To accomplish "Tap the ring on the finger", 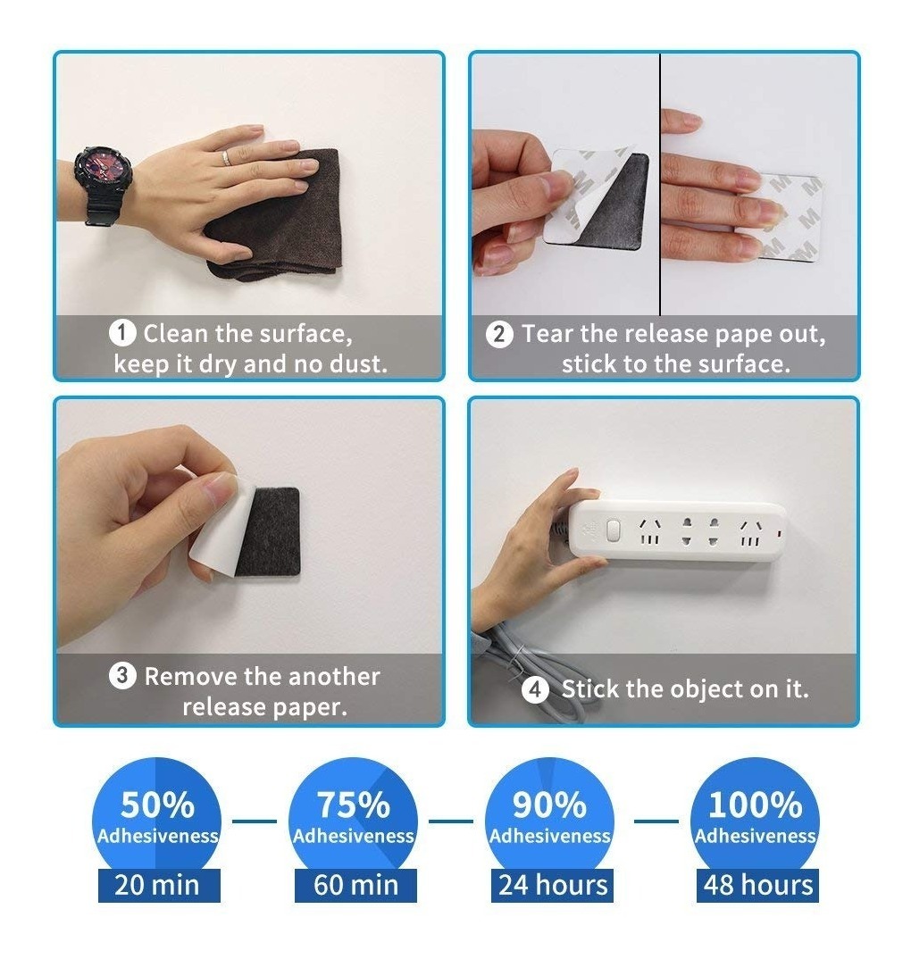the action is (x=226, y=158).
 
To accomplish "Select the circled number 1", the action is (x=122, y=333).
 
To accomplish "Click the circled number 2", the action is (x=499, y=335).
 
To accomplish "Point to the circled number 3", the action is (x=122, y=676).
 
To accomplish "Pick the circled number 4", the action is (x=535, y=690).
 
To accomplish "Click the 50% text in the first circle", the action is (x=157, y=805).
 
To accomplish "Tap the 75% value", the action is (x=354, y=805).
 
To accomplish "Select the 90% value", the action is (x=549, y=805).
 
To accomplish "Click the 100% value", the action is (x=755, y=805).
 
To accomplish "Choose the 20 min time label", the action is (x=157, y=885).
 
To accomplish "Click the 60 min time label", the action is (x=355, y=885).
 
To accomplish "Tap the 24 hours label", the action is (x=553, y=885).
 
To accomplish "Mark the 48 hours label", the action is (x=757, y=885).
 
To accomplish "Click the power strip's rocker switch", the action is (x=613, y=531).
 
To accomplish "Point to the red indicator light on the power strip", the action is (x=779, y=534).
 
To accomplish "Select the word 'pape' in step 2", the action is (x=743, y=335).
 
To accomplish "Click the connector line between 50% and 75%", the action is (x=255, y=821).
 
